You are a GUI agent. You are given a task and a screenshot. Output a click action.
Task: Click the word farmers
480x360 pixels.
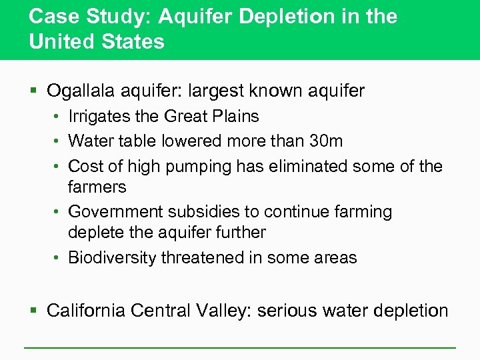coord(97,187)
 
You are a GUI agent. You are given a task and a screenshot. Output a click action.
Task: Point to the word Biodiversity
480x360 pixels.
coord(112,258)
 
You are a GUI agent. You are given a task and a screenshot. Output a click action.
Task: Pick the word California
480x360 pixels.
coord(87,311)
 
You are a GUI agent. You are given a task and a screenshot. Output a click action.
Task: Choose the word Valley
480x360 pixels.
coord(225,311)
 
